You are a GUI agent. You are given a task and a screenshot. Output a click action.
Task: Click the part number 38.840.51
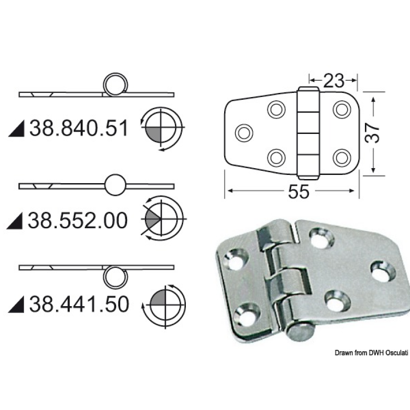click(79, 129)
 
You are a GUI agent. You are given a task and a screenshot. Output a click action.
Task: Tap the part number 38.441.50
click(79, 305)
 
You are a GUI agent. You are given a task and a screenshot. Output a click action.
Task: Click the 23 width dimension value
click(333, 81)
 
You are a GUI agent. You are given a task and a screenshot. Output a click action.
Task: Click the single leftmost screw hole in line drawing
click(243, 133)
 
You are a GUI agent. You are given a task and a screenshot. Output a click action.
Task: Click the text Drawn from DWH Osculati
click(372, 353)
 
